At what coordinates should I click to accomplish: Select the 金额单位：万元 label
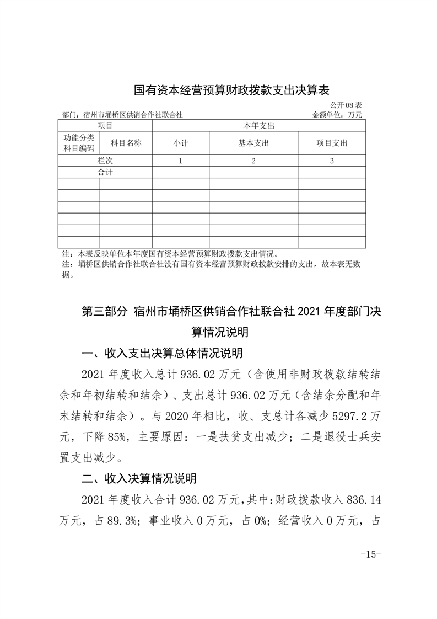(337, 115)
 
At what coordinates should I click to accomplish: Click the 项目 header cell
(105, 126)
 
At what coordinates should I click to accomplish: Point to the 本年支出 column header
(258, 126)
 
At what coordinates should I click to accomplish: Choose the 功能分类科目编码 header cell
(79, 142)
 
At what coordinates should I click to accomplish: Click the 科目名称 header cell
(126, 142)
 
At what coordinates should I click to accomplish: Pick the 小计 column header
(180, 143)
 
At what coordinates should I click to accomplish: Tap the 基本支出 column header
(253, 143)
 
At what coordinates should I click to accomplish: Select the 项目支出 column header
(331, 143)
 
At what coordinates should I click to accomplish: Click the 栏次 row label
(105, 161)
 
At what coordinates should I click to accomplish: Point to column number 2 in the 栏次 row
(253, 161)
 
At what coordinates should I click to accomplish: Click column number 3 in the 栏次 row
(331, 161)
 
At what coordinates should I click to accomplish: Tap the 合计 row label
(105, 172)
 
